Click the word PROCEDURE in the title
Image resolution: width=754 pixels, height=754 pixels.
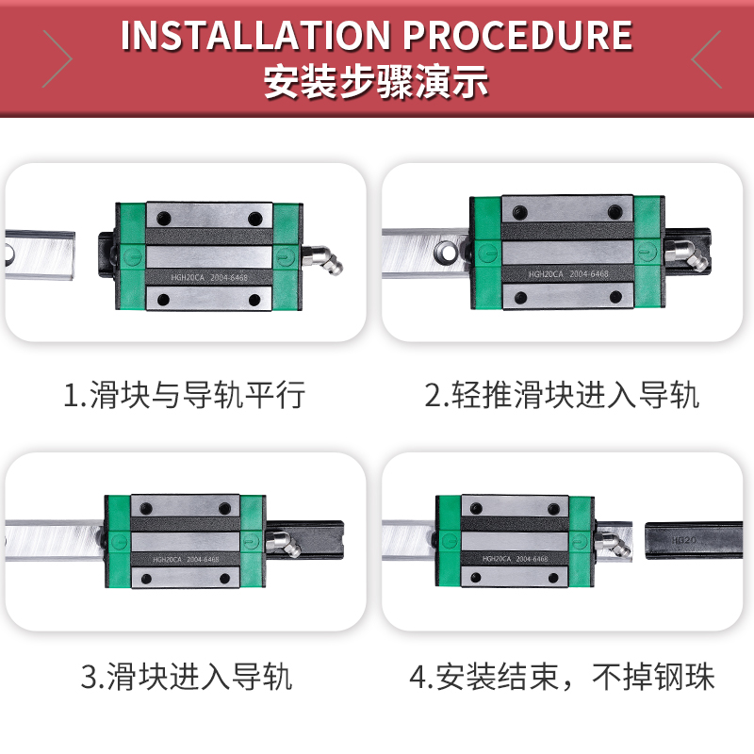(x=517, y=36)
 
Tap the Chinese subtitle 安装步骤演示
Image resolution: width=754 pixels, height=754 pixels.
(x=377, y=81)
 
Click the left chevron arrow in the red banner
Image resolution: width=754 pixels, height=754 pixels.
(x=57, y=58)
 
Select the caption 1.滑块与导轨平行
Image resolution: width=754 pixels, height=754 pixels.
(x=185, y=394)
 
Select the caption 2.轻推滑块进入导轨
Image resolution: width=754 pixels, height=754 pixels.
(x=562, y=394)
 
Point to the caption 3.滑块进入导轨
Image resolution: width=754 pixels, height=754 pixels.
(x=186, y=676)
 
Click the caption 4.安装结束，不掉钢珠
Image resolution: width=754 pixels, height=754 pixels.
(x=562, y=676)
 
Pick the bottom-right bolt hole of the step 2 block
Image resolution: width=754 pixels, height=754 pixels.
(x=618, y=296)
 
